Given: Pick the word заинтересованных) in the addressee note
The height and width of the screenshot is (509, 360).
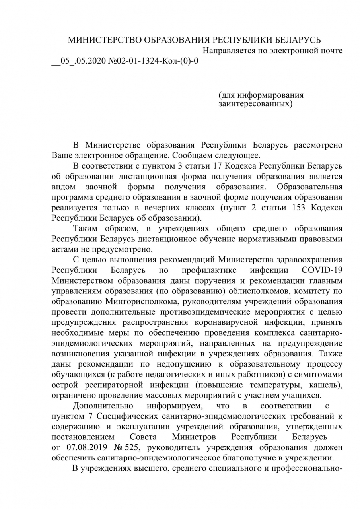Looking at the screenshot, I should (255, 104).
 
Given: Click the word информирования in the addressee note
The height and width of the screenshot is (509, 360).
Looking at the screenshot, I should (270, 95).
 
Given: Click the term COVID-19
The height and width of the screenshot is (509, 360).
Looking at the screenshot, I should (322, 270).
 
